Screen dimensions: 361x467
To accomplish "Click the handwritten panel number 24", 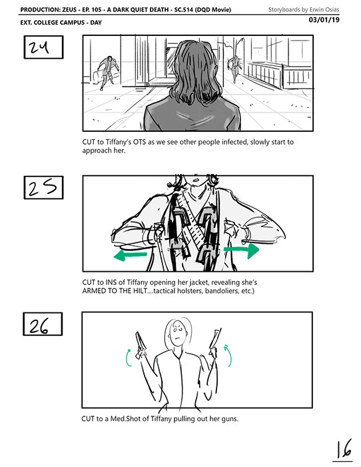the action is point(39,47).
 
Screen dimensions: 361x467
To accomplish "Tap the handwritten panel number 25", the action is point(43,188).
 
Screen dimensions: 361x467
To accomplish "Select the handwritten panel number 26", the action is point(39,326).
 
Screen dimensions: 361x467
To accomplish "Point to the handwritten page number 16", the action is point(344,449).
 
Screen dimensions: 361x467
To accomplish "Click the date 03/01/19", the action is point(324,20).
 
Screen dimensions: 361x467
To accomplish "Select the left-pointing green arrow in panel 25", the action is point(130,255).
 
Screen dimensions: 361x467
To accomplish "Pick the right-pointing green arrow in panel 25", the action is point(241,250).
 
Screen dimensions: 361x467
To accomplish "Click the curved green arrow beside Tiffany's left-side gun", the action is point(127,358).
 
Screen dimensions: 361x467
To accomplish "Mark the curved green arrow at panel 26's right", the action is point(228,356).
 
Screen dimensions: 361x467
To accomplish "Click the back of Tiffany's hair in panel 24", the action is point(194,71).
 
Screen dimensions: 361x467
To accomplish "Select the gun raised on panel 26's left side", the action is point(141,344).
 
